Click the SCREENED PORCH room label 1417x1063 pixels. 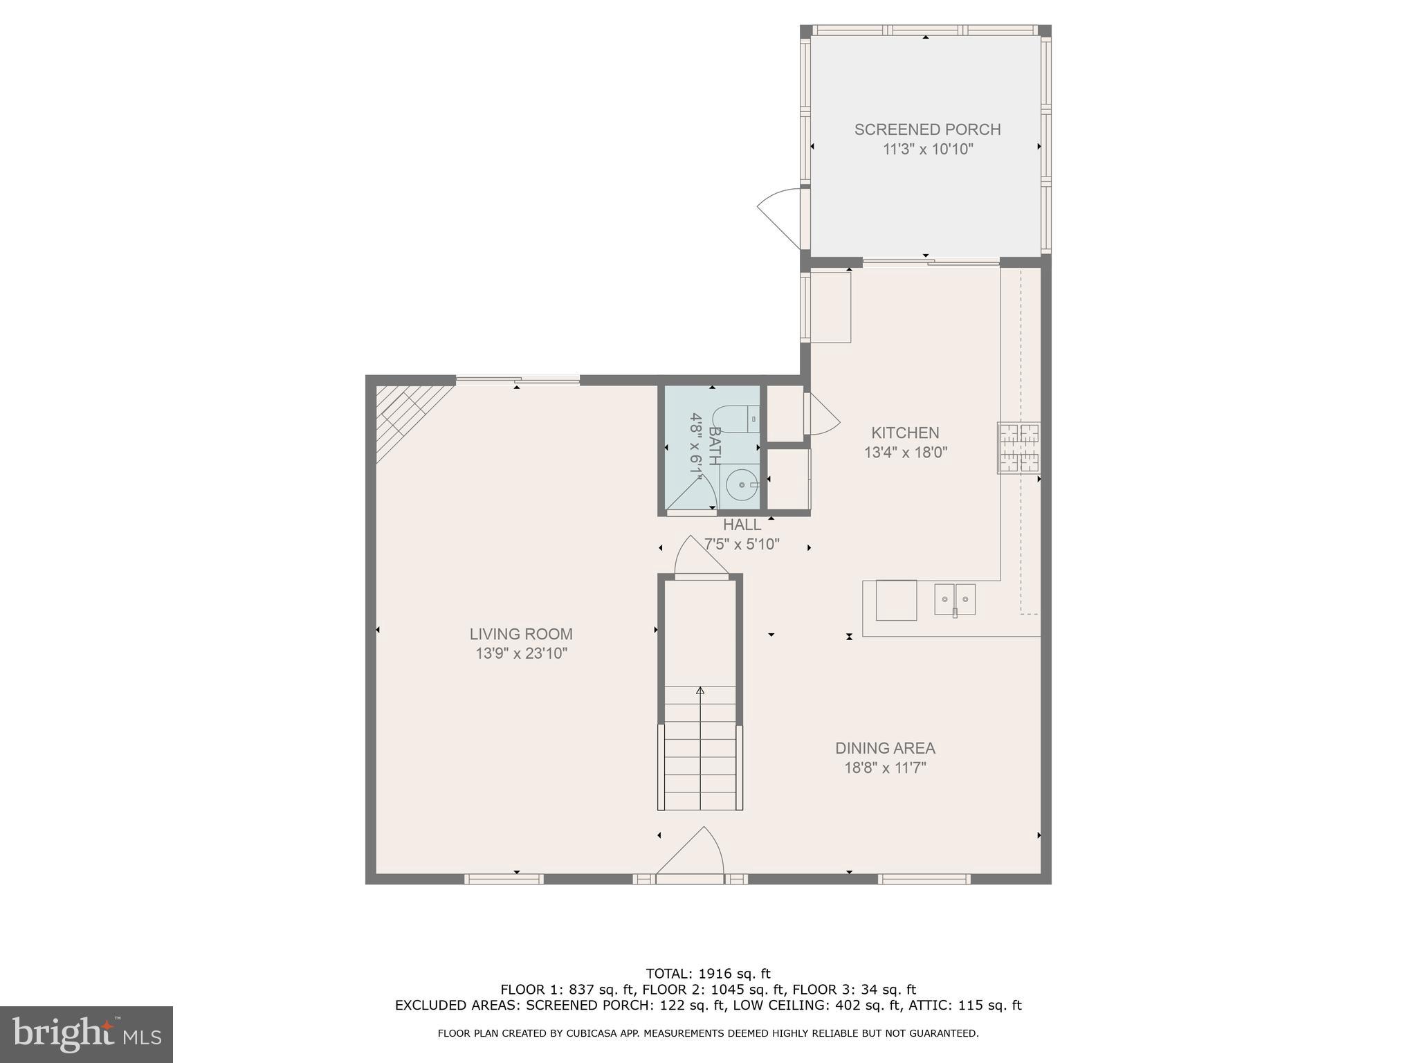pyautogui.click(x=927, y=129)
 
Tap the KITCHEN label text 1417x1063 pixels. pyautogui.click(x=905, y=433)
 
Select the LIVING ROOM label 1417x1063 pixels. pyautogui.click(x=521, y=634)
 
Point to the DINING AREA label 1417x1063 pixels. pyautogui.click(x=885, y=748)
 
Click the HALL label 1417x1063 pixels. pyautogui.click(x=742, y=525)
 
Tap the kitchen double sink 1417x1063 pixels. pyautogui.click(x=955, y=599)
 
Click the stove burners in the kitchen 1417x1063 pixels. pyautogui.click(x=1018, y=448)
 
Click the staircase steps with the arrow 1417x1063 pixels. pyautogui.click(x=700, y=747)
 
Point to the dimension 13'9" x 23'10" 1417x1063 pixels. pyautogui.click(x=521, y=653)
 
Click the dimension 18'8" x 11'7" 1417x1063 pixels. pyautogui.click(x=885, y=767)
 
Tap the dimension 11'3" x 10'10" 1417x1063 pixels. pyautogui.click(x=927, y=149)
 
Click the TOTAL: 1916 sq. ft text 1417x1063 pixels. pyautogui.click(x=708, y=974)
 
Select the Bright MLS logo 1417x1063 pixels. pyautogui.click(x=86, y=1034)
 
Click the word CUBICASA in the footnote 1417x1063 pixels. pyautogui.click(x=612, y=1033)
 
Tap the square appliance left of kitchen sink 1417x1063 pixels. pyautogui.click(x=896, y=600)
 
